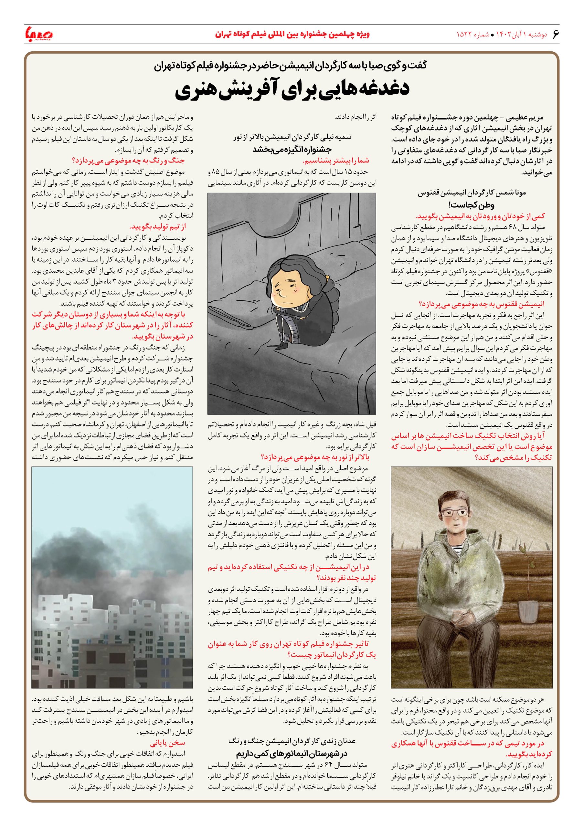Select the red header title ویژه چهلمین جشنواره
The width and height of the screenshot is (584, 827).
coord(292,35)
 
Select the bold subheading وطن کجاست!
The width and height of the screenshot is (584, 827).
coord(472,205)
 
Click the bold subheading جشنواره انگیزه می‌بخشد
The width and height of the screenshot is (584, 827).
coord(292,150)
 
